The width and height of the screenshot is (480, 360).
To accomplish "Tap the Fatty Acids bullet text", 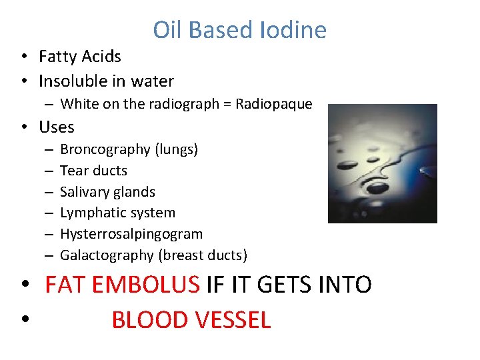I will pos(80,57).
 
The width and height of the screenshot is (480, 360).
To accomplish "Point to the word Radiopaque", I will pos(274,104).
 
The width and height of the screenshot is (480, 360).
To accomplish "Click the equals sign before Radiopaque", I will pos(227,104).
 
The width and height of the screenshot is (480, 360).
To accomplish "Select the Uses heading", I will pos(57,127).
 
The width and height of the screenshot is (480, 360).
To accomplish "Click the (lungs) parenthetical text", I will pos(176,150).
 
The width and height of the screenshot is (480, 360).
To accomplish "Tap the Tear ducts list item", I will pos(93,171).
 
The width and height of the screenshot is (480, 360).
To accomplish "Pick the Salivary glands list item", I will pos(107,192).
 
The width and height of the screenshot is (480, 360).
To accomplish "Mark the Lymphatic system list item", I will pos(117,213).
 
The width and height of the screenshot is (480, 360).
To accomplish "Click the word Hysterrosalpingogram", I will pos(131,235).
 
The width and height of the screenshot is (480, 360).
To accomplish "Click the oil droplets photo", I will pos(382,163).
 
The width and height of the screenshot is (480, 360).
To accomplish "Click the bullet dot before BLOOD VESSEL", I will pos(25,321).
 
